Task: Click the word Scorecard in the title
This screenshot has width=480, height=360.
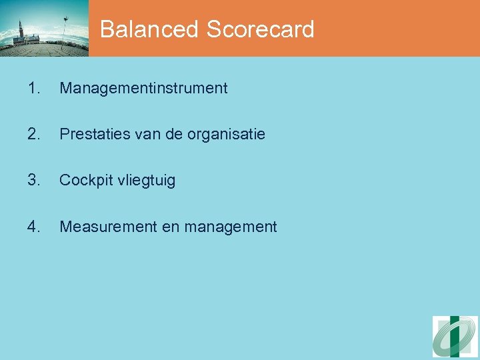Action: pyautogui.click(x=260, y=29)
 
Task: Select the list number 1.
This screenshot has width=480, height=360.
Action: pyautogui.click(x=35, y=88)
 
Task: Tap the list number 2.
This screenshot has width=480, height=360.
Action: pyautogui.click(x=35, y=134)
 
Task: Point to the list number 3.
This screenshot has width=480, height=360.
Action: pyautogui.click(x=35, y=180)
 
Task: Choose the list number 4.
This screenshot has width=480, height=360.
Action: pyautogui.click(x=35, y=227)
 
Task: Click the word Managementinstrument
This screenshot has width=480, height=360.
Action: pyautogui.click(x=143, y=88)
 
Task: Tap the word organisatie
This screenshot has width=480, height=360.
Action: pyautogui.click(x=226, y=135)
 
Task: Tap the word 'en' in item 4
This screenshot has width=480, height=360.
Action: pyautogui.click(x=170, y=227)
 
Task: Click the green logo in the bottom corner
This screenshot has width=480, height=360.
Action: pyautogui.click(x=455, y=337)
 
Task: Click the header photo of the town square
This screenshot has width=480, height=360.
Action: pyautogui.click(x=44, y=29)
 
